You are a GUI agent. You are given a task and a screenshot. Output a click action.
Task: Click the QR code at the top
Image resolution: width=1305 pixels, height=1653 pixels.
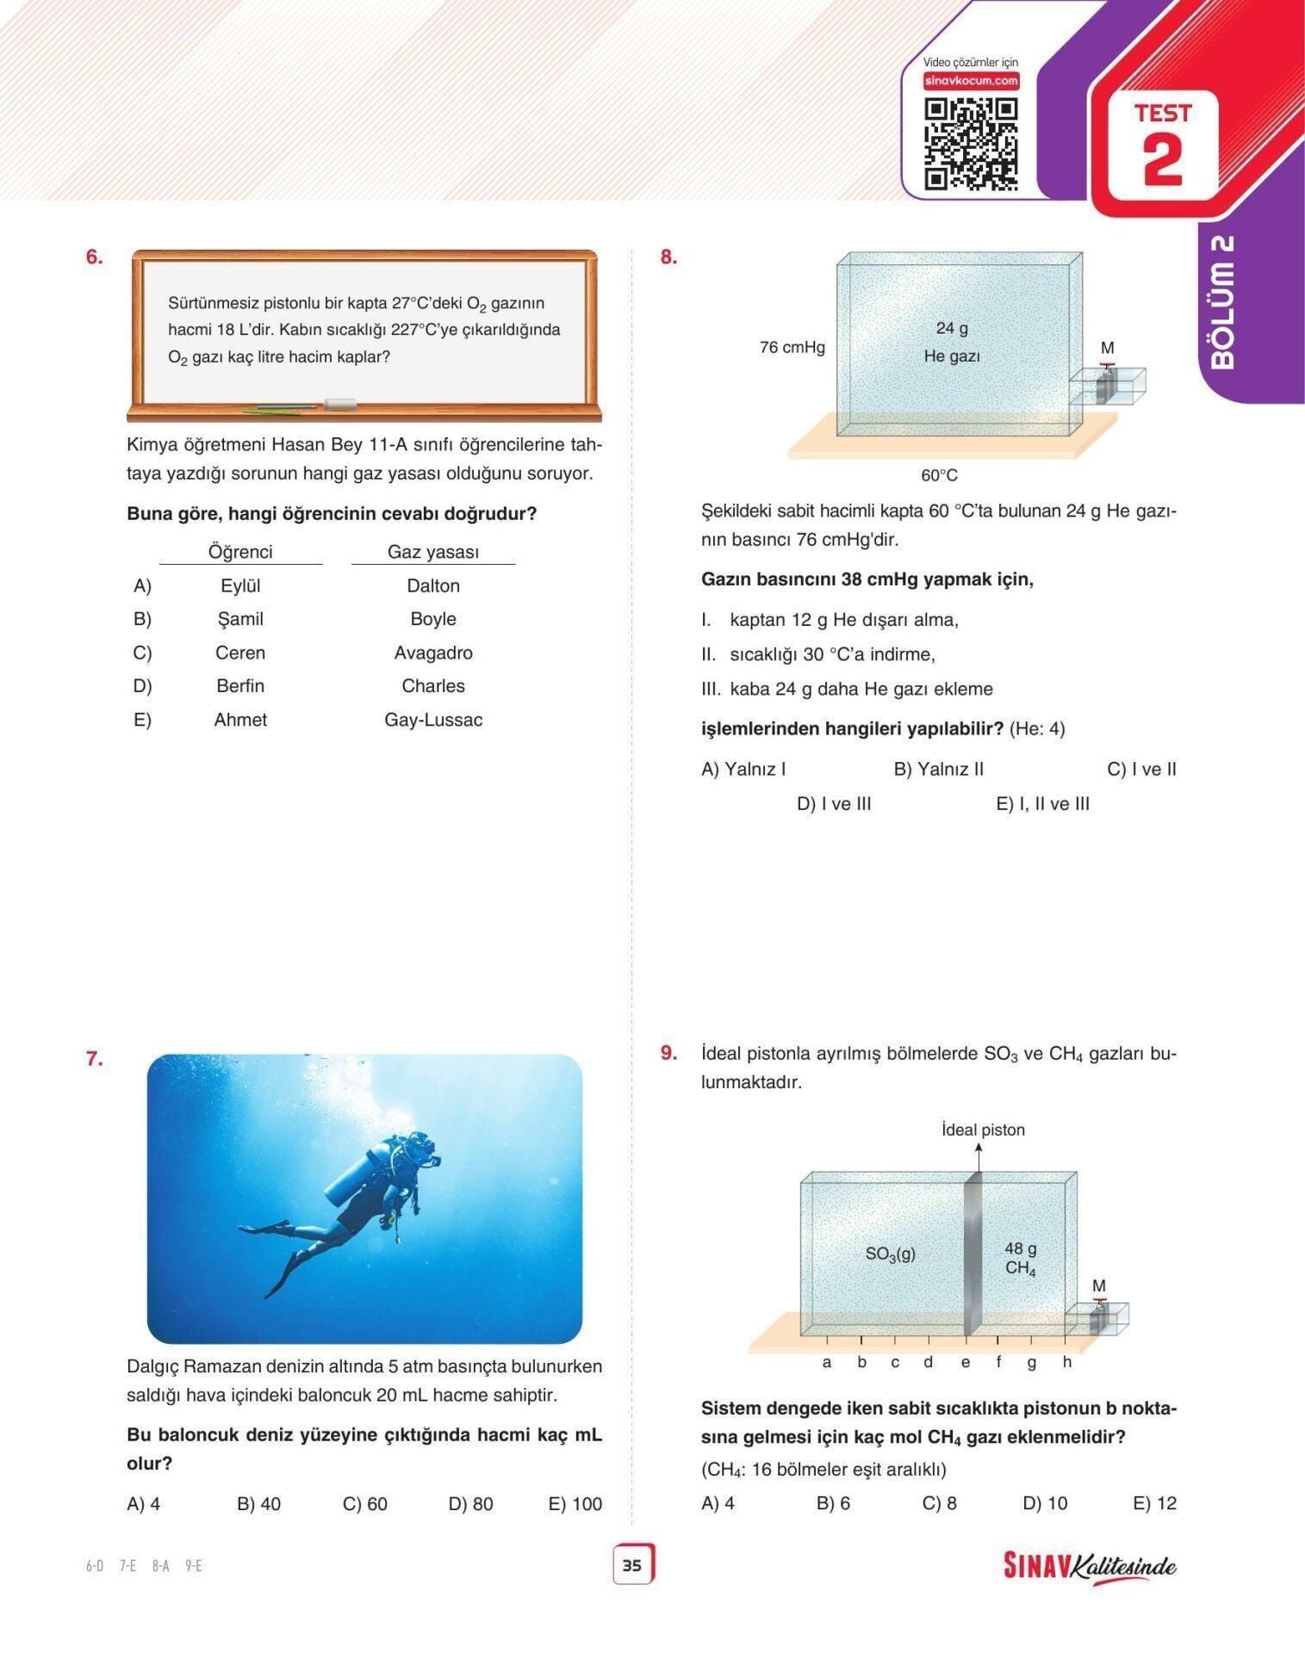pyautogui.click(x=971, y=144)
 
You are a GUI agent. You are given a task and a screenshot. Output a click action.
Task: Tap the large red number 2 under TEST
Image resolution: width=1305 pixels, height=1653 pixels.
pyautogui.click(x=1163, y=159)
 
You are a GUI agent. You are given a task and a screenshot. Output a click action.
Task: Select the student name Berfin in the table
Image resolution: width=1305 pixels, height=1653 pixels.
pyautogui.click(x=240, y=686)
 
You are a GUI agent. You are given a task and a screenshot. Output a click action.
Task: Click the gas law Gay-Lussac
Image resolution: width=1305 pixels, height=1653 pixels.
pyautogui.click(x=433, y=720)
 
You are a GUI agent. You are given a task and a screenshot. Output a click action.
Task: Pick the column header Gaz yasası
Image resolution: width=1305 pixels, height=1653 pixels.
pyautogui.click(x=433, y=552)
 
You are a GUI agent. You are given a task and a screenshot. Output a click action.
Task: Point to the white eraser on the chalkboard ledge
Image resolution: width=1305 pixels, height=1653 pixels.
pyautogui.click(x=339, y=403)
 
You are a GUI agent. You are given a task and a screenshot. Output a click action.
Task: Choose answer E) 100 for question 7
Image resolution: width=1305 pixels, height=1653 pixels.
pyautogui.click(x=575, y=1504)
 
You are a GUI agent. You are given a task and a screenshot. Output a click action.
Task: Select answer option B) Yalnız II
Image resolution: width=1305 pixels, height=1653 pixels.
pyautogui.click(x=938, y=769)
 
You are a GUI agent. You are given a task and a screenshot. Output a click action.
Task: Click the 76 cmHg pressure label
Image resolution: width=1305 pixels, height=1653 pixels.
pyautogui.click(x=792, y=348)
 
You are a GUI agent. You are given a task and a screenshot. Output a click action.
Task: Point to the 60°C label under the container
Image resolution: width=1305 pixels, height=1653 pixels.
pyautogui.click(x=939, y=475)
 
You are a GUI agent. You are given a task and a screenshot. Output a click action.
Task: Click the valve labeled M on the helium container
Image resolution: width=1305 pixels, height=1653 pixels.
pyautogui.click(x=1107, y=379)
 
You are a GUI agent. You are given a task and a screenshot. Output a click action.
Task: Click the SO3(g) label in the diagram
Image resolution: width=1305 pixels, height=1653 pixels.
pyautogui.click(x=890, y=1254)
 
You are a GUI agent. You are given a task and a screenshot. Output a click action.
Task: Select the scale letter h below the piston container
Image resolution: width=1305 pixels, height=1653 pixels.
pyautogui.click(x=1066, y=1362)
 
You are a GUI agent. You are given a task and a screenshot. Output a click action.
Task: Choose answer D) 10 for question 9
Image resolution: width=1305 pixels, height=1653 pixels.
pyautogui.click(x=1045, y=1503)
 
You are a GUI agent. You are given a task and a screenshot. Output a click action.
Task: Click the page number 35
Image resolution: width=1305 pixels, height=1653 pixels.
pyautogui.click(x=632, y=1565)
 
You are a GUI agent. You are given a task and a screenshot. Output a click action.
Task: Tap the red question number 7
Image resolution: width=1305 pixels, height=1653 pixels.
pyautogui.click(x=94, y=1059)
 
